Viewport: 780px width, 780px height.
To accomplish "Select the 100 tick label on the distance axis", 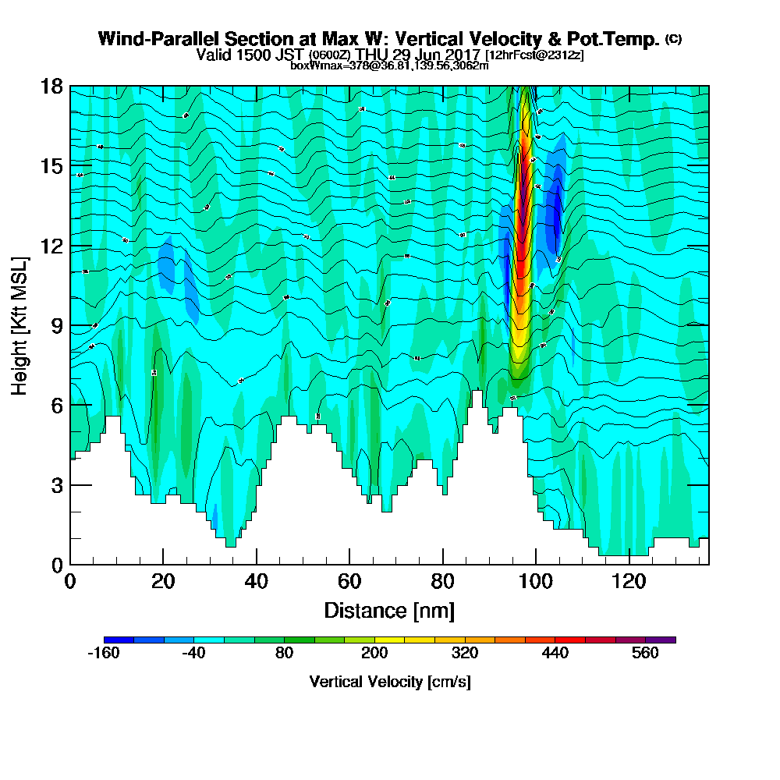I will [x=536, y=582].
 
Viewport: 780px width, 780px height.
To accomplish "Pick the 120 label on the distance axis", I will [x=629, y=582].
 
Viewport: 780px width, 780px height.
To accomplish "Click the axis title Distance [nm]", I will [x=389, y=610].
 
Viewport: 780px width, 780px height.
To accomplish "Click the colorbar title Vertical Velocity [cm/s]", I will [x=390, y=682].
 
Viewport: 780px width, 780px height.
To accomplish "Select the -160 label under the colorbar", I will [x=102, y=654].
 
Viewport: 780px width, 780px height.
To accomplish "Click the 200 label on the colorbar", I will [x=374, y=654].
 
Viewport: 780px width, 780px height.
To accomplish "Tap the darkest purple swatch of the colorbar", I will [x=661, y=640].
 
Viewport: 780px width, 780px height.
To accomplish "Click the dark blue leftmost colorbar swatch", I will [x=119, y=640].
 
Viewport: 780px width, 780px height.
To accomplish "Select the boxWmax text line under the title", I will [x=389, y=66].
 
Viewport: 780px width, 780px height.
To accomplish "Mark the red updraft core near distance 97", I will [x=522, y=226].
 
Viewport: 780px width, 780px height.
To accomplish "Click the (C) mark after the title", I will [x=673, y=38].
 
